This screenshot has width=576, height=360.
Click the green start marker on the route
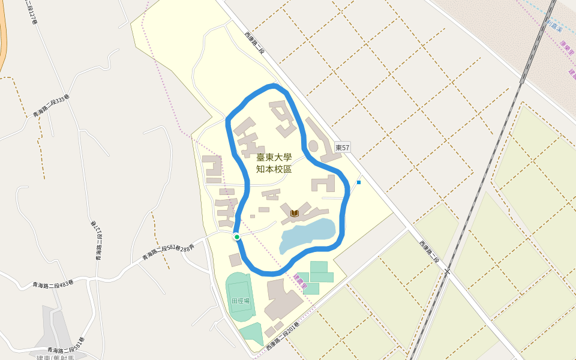click(x=237, y=237)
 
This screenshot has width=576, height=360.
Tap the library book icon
click(x=294, y=213)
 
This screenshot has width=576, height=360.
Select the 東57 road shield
click(x=342, y=148)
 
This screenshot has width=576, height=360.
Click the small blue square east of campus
click(x=359, y=182)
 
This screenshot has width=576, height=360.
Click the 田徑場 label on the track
click(x=240, y=301)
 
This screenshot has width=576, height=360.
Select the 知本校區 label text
click(x=274, y=169)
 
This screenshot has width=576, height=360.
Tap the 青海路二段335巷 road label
click(x=51, y=106)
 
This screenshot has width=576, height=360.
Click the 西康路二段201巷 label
click(x=283, y=340)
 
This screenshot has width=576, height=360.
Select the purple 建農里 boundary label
click(x=299, y=283)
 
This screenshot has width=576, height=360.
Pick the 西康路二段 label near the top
click(x=254, y=44)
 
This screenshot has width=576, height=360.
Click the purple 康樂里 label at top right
click(x=566, y=49)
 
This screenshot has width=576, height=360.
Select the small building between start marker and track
click(x=235, y=260)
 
